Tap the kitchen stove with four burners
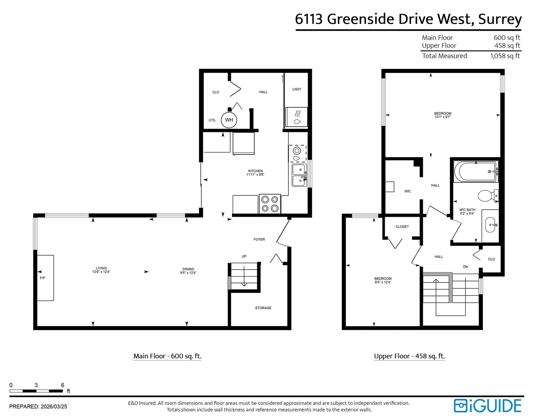[270, 204]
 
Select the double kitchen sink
[299, 175]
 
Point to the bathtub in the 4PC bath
[476, 172]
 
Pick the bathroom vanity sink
[490, 225]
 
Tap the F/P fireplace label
[43, 278]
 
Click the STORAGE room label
[263, 308]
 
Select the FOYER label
[259, 239]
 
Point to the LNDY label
[297, 89]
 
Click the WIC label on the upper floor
[408, 191]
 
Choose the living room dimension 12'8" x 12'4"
[101, 272]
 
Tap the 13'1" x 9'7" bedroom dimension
[443, 117]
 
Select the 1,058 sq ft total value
[505, 56]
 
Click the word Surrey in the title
[500, 19]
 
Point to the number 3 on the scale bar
[36, 385]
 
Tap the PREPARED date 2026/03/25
[54, 407]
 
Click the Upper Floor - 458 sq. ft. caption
[409, 356]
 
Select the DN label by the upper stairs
[465, 267]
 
